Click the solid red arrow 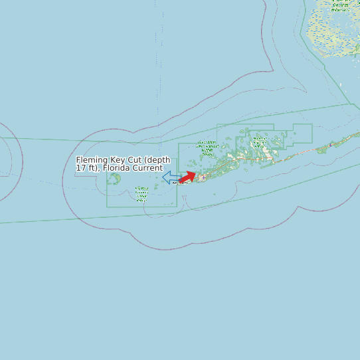(187, 177)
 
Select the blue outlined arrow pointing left (171, 177)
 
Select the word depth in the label (157, 160)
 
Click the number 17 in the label (80, 168)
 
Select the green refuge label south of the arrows (141, 193)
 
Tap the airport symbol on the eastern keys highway (330, 144)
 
